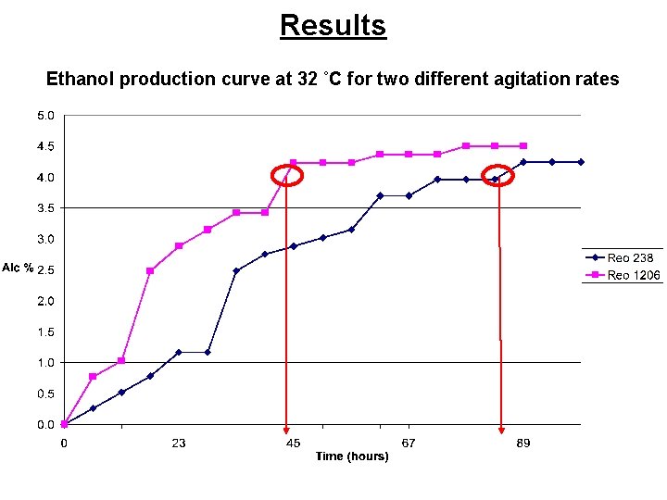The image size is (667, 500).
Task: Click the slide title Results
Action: pyautogui.click(x=333, y=25)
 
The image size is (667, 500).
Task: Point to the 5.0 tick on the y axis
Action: pyautogui.click(x=45, y=116)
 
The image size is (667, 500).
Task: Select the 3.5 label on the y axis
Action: pyautogui.click(x=45, y=208)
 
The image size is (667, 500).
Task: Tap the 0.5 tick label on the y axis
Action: pyautogui.click(x=45, y=394)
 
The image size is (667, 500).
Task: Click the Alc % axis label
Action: pyautogui.click(x=18, y=269)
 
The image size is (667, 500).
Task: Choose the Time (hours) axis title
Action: pyautogui.click(x=351, y=456)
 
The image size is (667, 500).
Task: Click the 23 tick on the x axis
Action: pyautogui.click(x=178, y=444)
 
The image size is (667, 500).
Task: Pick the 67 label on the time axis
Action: pyautogui.click(x=409, y=444)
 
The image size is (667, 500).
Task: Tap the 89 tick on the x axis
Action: pyautogui.click(x=523, y=444)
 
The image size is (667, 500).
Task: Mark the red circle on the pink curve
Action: pyautogui.click(x=287, y=175)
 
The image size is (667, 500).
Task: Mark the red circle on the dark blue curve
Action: pyautogui.click(x=499, y=177)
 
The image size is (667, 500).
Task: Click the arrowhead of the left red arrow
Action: pyautogui.click(x=286, y=429)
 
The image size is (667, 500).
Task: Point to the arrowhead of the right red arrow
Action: pyautogui.click(x=501, y=429)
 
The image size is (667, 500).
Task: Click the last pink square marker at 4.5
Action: pyautogui.click(x=523, y=146)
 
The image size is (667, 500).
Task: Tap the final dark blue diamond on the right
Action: pyautogui.click(x=581, y=162)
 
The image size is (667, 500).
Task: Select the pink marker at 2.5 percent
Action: pyautogui.click(x=150, y=270)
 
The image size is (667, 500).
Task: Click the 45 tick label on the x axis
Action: pyautogui.click(x=293, y=444)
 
